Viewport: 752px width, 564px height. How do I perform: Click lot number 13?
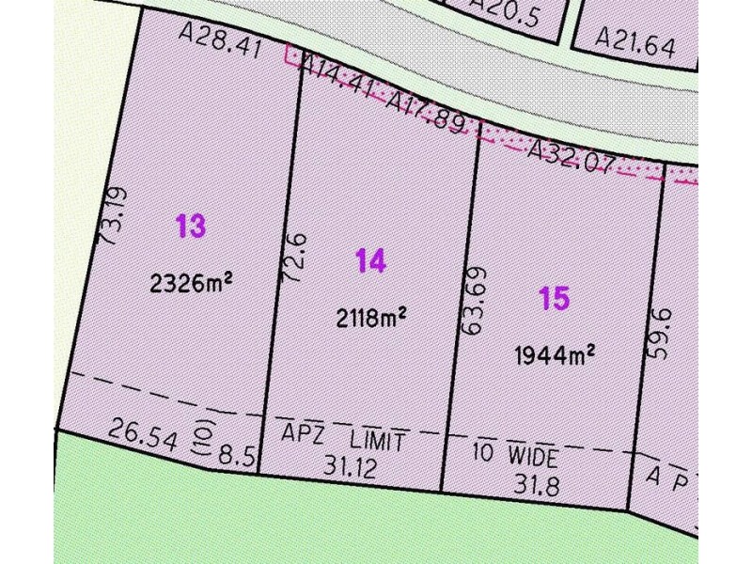(190, 227)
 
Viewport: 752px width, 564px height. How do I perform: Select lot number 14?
(370, 261)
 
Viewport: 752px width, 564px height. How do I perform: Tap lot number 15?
(555, 299)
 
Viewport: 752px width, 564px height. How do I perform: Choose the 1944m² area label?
(555, 354)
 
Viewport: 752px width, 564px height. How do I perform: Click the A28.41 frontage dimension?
(221, 41)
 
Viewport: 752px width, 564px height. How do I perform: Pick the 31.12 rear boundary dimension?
(350, 464)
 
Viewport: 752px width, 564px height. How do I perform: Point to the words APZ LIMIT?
(344, 438)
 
